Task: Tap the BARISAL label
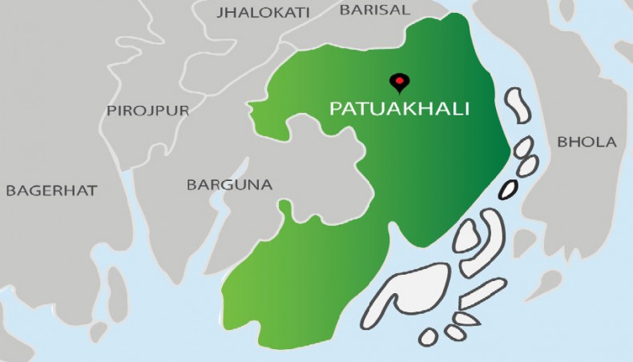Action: (374, 10)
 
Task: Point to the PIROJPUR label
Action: (148, 111)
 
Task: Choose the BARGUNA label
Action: (229, 185)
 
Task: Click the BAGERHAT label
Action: (51, 191)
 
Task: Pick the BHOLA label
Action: (587, 143)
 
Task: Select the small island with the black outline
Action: (508, 190)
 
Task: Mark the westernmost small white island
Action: (429, 336)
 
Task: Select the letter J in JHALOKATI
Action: (221, 12)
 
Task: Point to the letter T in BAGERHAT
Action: (91, 191)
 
